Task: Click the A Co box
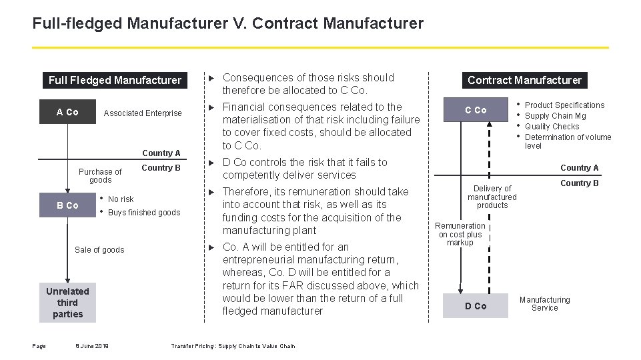pyautogui.click(x=67, y=112)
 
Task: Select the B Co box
pyautogui.click(x=67, y=205)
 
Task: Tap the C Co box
pyautogui.click(x=476, y=110)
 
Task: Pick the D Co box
pyautogui.click(x=476, y=306)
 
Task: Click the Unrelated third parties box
pyautogui.click(x=67, y=303)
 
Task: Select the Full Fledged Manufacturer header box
pyautogui.click(x=115, y=81)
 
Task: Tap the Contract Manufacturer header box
pyautogui.click(x=524, y=81)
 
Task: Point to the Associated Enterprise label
pyautogui.click(x=143, y=113)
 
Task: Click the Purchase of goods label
pyautogui.click(x=100, y=176)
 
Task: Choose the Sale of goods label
pyautogui.click(x=99, y=250)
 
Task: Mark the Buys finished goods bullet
pyautogui.click(x=144, y=213)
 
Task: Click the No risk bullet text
pyautogui.click(x=121, y=199)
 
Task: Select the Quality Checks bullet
pyautogui.click(x=552, y=127)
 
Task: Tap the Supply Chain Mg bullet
pyautogui.click(x=555, y=116)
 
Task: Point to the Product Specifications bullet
pyautogui.click(x=564, y=105)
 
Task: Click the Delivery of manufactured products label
pyautogui.click(x=492, y=197)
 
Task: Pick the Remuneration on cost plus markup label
pyautogui.click(x=460, y=234)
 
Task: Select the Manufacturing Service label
pyautogui.click(x=545, y=304)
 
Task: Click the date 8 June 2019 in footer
pyautogui.click(x=92, y=346)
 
